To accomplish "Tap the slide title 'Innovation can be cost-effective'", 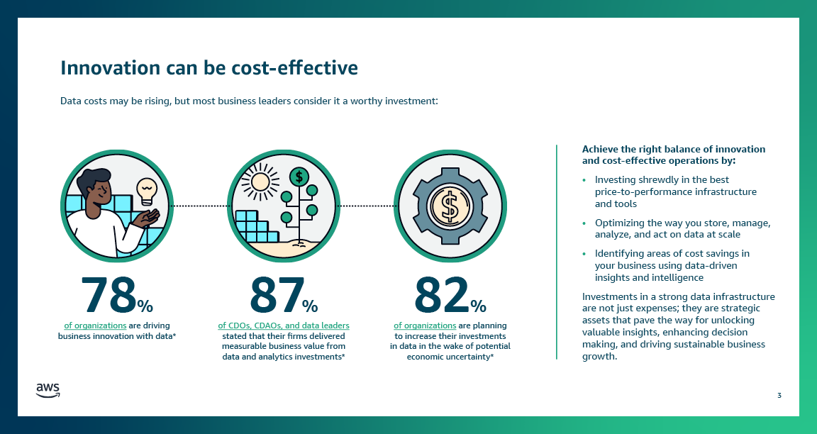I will pos(209,67).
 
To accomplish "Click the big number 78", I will pos(107,295).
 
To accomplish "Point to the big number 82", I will pos(442,295).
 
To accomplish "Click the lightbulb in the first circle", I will pos(146,189).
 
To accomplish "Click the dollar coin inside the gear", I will pos(450,206).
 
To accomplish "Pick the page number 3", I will pos(779,395).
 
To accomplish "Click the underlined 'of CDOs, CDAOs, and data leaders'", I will pos(283,325).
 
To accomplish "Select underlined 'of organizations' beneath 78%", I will pos(95,325).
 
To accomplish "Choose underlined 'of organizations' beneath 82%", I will pos(425,325).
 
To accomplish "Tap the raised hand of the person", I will pos(148,216).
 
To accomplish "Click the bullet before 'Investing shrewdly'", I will pos(584,180).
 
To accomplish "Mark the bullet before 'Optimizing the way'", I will pos(584,223).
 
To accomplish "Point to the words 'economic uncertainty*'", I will pos(450,357).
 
